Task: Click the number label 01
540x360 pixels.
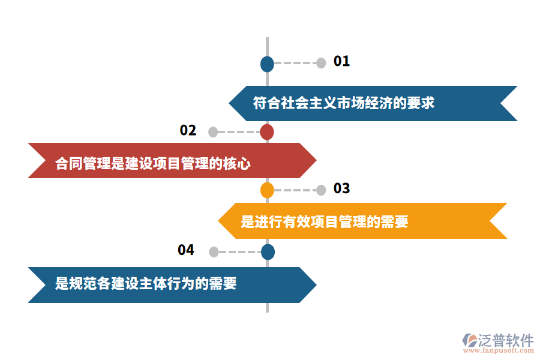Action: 341,61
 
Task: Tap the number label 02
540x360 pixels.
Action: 188,131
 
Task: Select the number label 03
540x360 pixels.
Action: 341,188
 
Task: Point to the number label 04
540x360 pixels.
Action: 186,250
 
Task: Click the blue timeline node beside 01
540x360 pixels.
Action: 267,64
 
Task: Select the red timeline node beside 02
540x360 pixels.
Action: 267,132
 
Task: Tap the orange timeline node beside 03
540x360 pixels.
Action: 267,190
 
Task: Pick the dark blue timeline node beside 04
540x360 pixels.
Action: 268,252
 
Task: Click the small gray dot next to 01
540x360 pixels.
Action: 321,62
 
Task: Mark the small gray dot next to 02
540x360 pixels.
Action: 213,132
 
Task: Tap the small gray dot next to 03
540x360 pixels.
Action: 321,190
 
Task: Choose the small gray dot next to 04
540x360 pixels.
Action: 214,252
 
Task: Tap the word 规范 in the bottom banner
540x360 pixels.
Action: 76,283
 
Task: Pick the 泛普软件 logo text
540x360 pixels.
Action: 506,340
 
